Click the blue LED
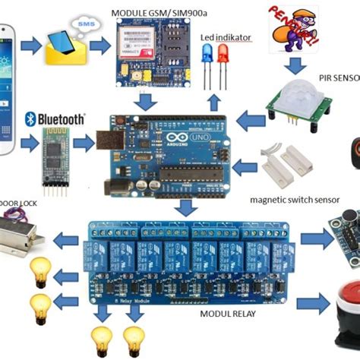tap(207, 55)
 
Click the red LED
tap(223, 55)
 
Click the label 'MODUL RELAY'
tap(228, 314)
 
